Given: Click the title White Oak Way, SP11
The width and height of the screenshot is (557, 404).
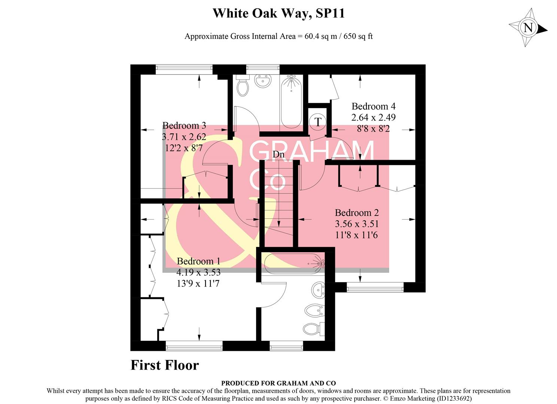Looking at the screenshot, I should click(278, 13).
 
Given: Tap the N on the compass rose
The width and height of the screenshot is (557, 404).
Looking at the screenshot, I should click(528, 28).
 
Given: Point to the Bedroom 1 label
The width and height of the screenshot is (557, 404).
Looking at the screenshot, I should click(198, 261).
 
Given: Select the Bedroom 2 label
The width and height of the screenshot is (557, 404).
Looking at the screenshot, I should click(357, 213).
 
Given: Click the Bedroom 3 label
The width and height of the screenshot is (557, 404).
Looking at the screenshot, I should click(184, 125).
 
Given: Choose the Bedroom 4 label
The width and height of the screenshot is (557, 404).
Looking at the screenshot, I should click(373, 106).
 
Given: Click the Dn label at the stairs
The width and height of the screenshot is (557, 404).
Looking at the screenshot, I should click(278, 154).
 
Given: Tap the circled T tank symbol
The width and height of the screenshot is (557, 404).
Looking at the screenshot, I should click(318, 122).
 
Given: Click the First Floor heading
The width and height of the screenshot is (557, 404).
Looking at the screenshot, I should click(165, 365).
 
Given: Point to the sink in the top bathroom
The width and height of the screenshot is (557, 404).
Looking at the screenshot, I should click(263, 81).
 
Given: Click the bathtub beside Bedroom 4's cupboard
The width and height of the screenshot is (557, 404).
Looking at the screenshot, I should click(291, 101).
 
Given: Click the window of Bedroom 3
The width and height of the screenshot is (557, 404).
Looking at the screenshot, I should click(184, 68).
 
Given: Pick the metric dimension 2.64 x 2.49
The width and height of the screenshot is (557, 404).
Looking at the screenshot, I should click(373, 117).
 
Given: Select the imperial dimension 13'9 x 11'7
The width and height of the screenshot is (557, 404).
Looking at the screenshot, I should click(198, 284).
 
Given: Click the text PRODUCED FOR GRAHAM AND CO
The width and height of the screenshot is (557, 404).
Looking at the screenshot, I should click(278, 383).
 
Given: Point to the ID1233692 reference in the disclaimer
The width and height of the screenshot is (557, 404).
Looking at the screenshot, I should click(454, 398).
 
